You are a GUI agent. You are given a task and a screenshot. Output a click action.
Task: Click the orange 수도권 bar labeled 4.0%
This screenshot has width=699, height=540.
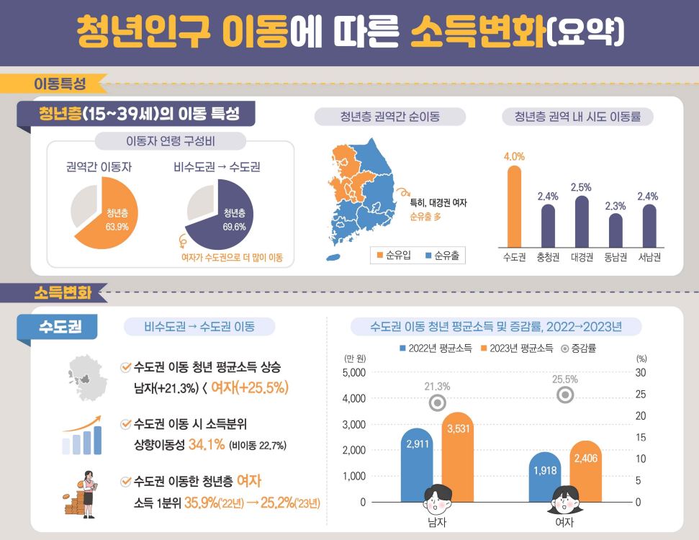(x=514, y=207)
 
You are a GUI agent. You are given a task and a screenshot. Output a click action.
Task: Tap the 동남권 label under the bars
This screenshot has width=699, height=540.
(x=615, y=257)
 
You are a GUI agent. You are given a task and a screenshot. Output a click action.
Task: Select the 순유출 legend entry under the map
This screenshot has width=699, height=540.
(x=442, y=256)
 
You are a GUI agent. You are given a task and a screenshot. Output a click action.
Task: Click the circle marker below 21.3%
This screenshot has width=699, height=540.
(x=437, y=403)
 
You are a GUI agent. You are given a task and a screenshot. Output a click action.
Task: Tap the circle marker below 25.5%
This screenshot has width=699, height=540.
(x=565, y=395)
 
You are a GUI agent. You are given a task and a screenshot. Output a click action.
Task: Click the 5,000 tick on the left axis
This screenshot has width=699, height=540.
(x=353, y=372)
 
